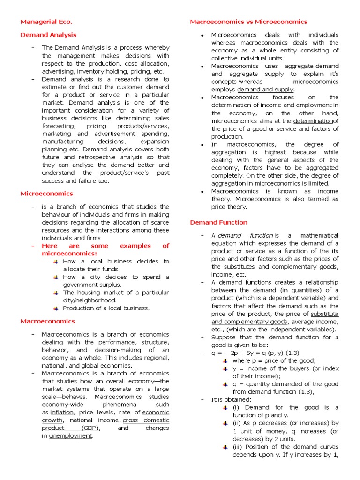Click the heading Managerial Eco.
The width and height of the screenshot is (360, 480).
pos(46,22)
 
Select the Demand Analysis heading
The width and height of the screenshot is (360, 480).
pos(48,35)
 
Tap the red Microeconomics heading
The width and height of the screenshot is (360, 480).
pos(46,194)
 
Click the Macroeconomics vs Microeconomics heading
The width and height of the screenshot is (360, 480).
pos(248,22)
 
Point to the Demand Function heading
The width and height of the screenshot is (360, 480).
pos(218,222)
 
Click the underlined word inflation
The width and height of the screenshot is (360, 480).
pos(61,412)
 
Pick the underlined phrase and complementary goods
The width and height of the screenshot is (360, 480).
pos(249,322)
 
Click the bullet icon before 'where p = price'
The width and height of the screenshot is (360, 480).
pos(225,360)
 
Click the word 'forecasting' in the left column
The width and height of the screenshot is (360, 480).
pos(58,126)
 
